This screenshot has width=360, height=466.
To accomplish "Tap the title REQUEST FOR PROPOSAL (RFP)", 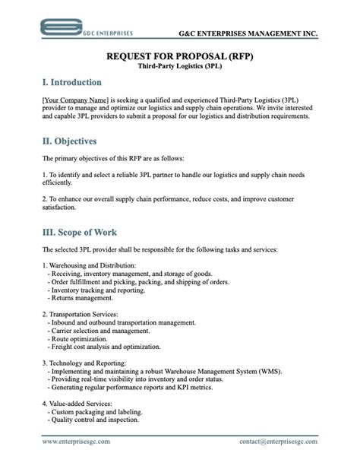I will click(179, 56).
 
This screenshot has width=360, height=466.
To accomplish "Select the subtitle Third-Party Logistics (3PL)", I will click(179, 66).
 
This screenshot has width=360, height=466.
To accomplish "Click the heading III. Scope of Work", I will click(79, 231).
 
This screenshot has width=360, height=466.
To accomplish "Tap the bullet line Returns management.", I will click(82, 297).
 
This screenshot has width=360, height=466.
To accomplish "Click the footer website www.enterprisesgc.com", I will click(76, 441).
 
